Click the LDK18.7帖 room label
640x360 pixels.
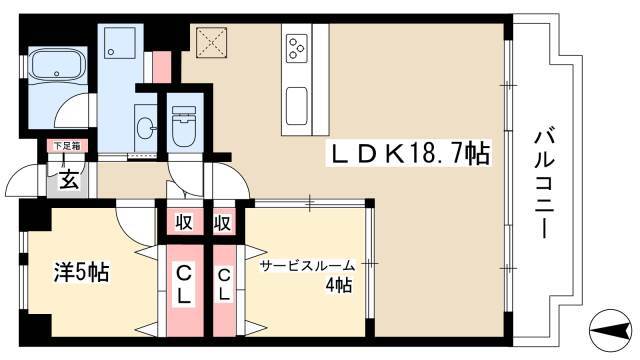[x=409, y=154]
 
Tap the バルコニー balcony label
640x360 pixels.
[x=544, y=184]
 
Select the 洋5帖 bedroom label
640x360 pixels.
[x=82, y=272]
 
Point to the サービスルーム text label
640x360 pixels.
[x=308, y=266]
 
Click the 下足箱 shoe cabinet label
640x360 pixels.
[x=67, y=145]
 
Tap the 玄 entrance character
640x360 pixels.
[x=69, y=180]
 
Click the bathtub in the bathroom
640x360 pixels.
[x=58, y=64]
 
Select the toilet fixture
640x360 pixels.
[x=183, y=126]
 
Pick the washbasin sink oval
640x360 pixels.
[x=144, y=128]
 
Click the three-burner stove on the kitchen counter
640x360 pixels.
[x=297, y=48]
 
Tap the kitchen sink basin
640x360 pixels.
[x=296, y=106]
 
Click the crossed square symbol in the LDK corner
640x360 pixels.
[x=211, y=42]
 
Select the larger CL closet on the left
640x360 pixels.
[x=184, y=291]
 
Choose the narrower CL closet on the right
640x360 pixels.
[x=224, y=291]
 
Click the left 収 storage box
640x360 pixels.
[x=184, y=222]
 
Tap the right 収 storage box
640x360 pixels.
[x=224, y=222]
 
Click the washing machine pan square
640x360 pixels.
[x=119, y=43]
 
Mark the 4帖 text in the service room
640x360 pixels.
[x=338, y=285]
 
